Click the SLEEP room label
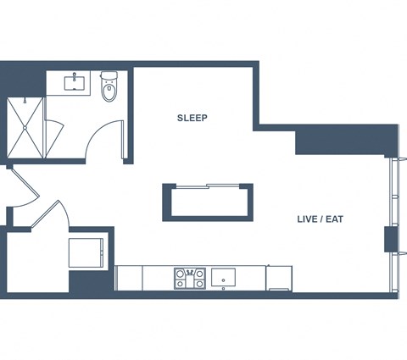pos(192,118)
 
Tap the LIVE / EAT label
pos(321,219)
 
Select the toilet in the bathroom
pos(109,86)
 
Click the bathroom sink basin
pos(75,83)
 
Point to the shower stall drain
pos(25,128)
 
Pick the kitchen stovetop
pos(190,278)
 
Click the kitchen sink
pos(223,279)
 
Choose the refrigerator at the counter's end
pos(279,279)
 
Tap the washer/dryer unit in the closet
pos(86,252)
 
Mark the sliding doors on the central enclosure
pos(208,186)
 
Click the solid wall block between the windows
pos(391,239)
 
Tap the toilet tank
pos(109,75)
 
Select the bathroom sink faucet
pos(75,76)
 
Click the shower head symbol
pos(25,100)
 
